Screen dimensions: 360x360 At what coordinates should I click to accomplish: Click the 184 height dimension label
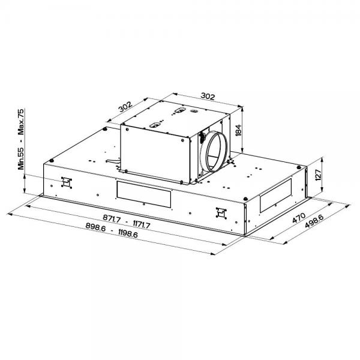pyautogui.click(x=239, y=130)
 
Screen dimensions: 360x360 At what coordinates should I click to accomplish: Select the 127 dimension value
pyautogui.click(x=319, y=175)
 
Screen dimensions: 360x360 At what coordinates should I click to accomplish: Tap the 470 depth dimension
pyautogui.click(x=299, y=218)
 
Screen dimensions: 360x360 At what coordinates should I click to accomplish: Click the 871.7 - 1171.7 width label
pyautogui.click(x=127, y=221)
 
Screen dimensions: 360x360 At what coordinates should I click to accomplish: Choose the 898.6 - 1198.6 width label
pyautogui.click(x=112, y=230)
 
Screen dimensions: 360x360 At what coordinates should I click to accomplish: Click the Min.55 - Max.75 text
pyautogui.click(x=21, y=139)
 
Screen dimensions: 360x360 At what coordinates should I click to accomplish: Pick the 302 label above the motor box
pyautogui.click(x=208, y=96)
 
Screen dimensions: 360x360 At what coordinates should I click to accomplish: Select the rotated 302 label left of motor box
pyautogui.click(x=125, y=107)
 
